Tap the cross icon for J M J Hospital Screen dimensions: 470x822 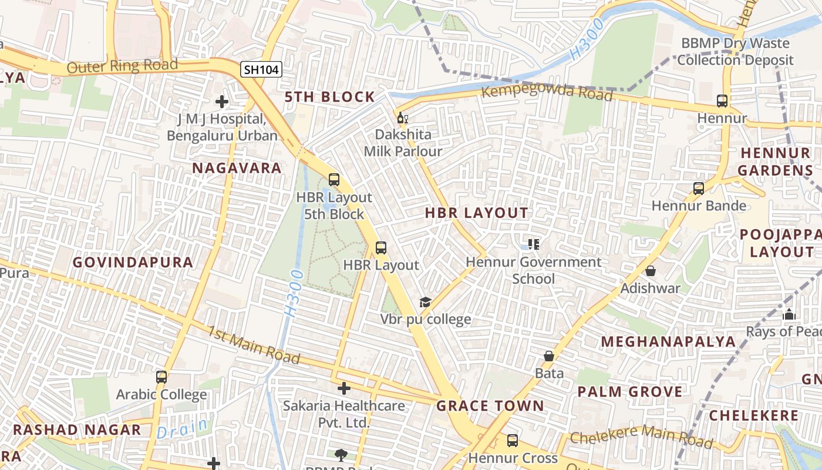222,102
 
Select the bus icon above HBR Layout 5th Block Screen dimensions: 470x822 334,180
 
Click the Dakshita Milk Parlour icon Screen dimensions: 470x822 403,118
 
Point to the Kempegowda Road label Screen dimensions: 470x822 547,93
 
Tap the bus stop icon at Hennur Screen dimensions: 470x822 722,101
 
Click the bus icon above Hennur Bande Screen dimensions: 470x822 699,189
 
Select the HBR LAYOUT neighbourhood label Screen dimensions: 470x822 477,213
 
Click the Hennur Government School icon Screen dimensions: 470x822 533,244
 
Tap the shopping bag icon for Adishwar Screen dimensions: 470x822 651,271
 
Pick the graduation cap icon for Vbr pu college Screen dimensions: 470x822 425,303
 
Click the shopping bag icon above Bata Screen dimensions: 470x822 549,356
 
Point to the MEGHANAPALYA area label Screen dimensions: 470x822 668,341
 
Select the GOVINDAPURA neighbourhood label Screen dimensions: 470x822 133,263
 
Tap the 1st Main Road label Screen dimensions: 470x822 253,344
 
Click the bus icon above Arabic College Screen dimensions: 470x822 161,377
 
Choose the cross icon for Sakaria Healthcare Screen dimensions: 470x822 344,388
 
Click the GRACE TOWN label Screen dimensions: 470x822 490,406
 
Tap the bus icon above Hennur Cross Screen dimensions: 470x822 513,441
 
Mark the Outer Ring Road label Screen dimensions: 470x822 122,65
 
